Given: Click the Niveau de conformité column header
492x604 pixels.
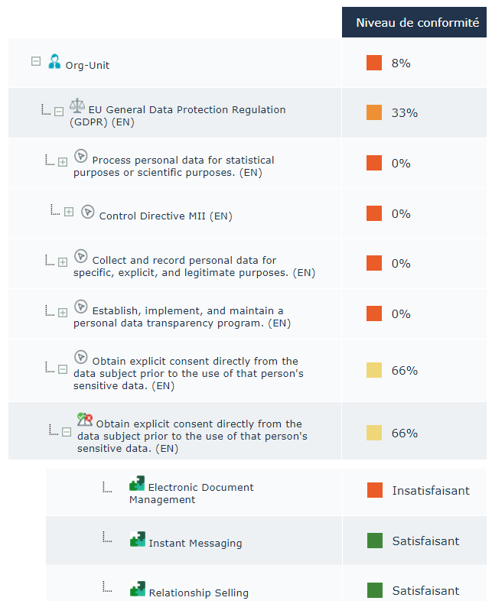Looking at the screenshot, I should (x=417, y=23).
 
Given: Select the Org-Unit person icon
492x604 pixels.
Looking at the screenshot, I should (x=54, y=62).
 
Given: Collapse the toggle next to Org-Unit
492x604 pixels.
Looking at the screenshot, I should (x=36, y=62).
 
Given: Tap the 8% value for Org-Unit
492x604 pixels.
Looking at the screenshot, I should (x=401, y=63).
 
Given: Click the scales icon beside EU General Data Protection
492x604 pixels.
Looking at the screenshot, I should (x=77, y=106).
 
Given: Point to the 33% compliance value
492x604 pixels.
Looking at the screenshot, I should (x=404, y=113).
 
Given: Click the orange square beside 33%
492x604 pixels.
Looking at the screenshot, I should (x=374, y=113).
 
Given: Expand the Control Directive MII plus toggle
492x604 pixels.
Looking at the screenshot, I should (x=69, y=212).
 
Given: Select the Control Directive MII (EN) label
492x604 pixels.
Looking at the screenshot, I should (x=165, y=216).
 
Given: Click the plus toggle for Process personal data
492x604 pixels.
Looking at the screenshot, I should (x=63, y=162).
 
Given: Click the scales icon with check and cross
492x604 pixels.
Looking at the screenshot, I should (x=84, y=419).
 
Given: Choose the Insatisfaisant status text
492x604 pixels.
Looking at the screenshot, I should (x=431, y=490).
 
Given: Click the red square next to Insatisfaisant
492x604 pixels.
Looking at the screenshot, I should (x=374, y=490).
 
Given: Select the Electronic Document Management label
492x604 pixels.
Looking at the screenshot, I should (x=191, y=493).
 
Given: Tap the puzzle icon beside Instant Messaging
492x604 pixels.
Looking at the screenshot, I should (x=137, y=539).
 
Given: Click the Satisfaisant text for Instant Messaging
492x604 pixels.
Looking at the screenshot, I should (x=425, y=541).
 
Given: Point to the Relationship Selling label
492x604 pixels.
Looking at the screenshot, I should (x=198, y=593).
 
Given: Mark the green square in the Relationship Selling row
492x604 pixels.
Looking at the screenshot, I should (x=375, y=590).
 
